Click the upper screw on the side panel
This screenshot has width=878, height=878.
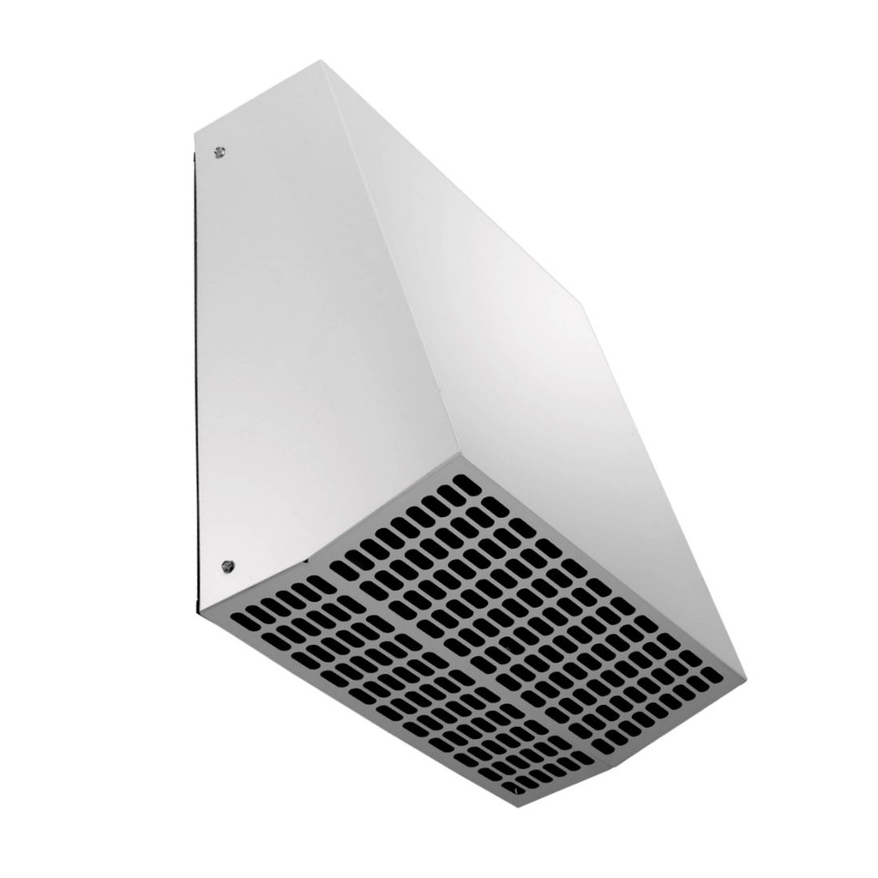coord(219,153)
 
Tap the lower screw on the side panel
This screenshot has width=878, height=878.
coord(227,565)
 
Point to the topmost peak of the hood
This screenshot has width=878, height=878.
coord(321,61)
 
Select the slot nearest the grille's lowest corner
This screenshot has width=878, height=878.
coord(515,785)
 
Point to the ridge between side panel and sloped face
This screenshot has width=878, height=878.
coord(386,257)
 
